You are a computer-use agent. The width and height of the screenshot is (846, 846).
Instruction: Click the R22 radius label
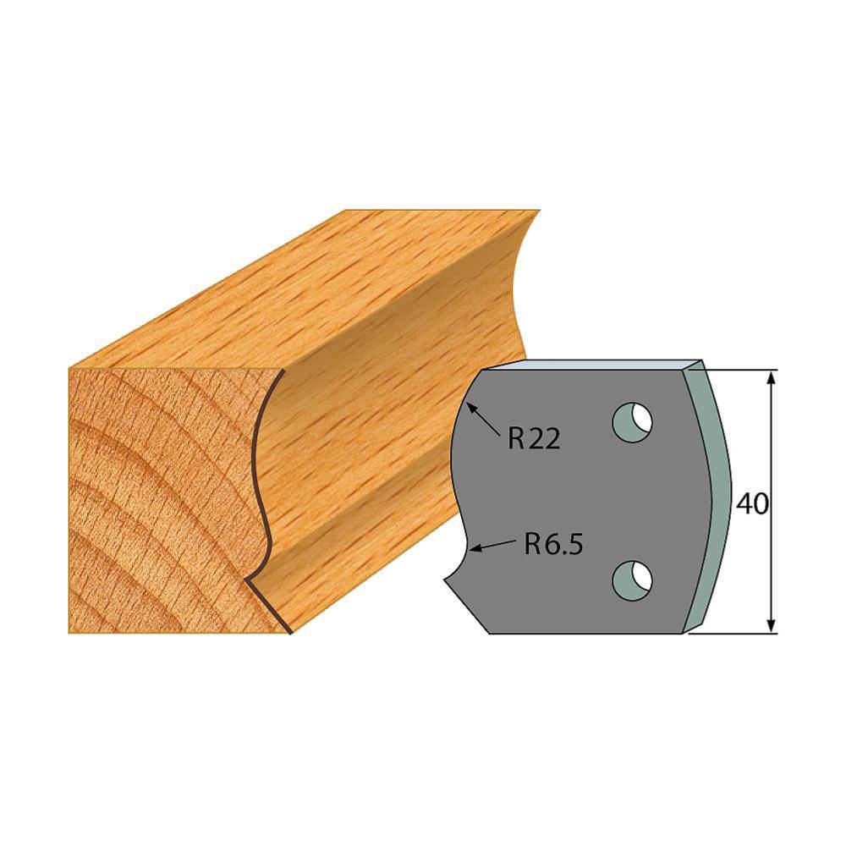point(534,439)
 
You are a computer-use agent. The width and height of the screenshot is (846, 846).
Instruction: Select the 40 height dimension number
point(751,505)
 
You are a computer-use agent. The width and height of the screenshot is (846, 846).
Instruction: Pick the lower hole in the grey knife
point(634,578)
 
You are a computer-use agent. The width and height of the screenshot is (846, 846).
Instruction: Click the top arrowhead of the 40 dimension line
point(771,377)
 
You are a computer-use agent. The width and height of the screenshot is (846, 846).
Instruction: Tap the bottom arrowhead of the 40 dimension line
point(771,625)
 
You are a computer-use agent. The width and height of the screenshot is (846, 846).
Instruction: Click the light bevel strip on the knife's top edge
point(592,365)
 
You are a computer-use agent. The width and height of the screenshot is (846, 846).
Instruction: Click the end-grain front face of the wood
point(161,499)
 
